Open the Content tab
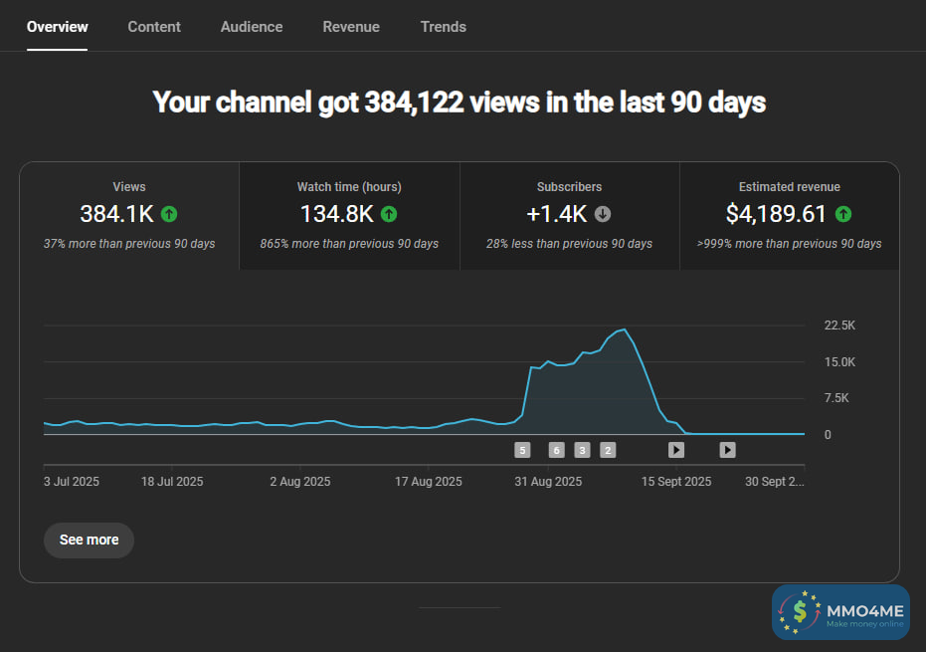coord(154,27)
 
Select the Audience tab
coord(252,27)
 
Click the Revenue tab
coord(351,27)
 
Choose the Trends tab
coord(444,27)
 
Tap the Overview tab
coord(58,27)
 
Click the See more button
coord(89,540)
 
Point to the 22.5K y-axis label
coord(839,326)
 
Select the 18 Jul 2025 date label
coord(172,482)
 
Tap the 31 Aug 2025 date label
coord(548,482)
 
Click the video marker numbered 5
coord(522,450)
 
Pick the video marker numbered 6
coord(556,450)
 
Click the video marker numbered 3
coord(582,450)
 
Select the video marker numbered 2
coord(608,450)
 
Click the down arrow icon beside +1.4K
coord(603,214)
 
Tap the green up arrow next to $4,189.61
coord(843,214)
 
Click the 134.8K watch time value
coord(336,214)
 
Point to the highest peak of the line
coord(624,329)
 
